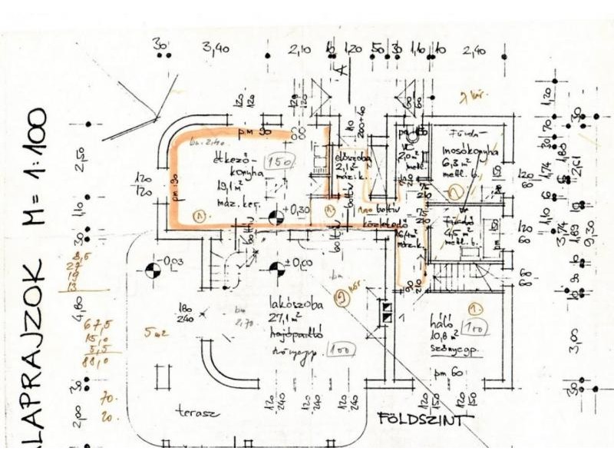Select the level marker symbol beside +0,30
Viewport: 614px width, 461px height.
point(275,219)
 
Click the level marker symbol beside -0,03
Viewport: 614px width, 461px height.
point(153,270)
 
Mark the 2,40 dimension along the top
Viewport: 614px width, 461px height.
point(474,51)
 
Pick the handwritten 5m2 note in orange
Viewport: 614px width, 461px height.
point(156,333)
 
